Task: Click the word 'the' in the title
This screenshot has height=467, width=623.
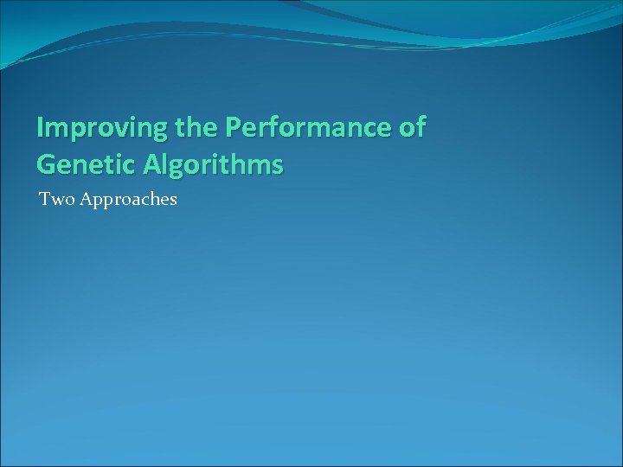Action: [x=195, y=128]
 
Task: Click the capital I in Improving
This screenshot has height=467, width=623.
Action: [x=41, y=128]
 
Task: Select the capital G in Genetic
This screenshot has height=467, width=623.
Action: [x=46, y=163]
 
